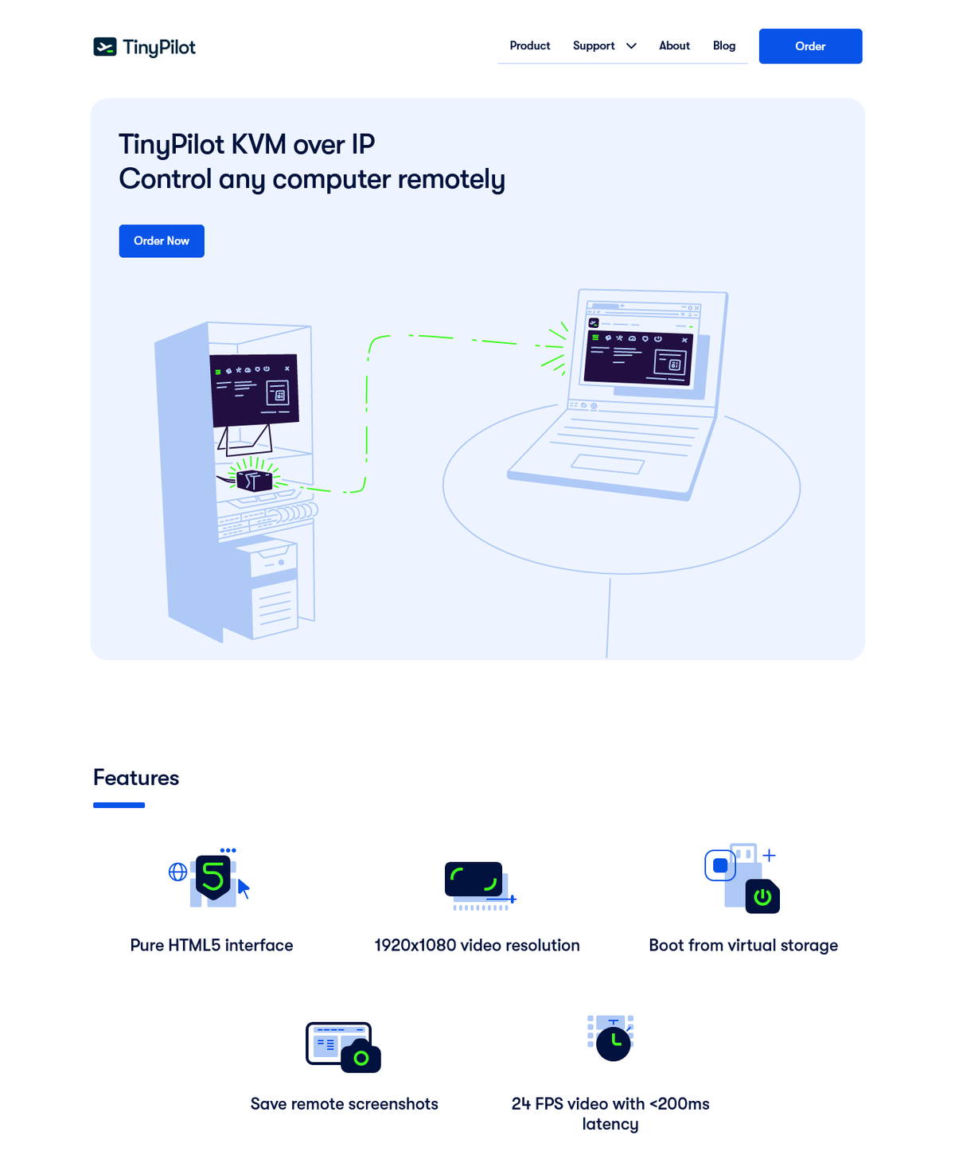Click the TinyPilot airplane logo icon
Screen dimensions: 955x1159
(104, 47)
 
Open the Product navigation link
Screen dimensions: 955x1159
(529, 45)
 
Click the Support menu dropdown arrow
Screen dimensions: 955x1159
(631, 46)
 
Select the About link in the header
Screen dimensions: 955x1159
(674, 45)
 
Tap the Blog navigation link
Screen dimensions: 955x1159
(723, 45)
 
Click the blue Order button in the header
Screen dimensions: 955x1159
(810, 46)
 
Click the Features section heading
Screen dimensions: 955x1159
(136, 778)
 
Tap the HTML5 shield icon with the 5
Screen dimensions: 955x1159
(213, 877)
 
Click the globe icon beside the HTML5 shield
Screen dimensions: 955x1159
(177, 872)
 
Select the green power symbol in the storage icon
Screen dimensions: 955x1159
(762, 896)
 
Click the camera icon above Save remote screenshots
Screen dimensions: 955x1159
(361, 1056)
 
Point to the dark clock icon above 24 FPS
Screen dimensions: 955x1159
(613, 1044)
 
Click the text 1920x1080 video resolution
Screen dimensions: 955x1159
(477, 946)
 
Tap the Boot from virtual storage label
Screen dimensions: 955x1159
(743, 946)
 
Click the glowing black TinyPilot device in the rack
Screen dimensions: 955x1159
(254, 480)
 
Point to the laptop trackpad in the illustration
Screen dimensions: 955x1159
(608, 464)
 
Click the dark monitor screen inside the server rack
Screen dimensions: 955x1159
(254, 390)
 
